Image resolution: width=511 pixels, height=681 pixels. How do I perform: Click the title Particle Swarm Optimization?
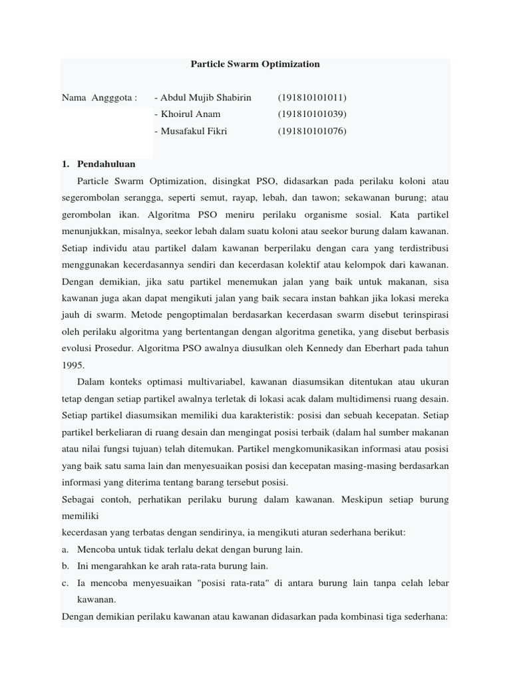tap(255, 65)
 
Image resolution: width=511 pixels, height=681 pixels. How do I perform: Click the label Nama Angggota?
tap(99, 98)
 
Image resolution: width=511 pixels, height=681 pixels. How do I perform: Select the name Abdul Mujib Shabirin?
tap(203, 98)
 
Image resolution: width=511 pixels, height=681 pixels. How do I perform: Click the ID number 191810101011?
tap(312, 98)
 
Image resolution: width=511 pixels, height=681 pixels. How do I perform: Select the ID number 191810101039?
tap(312, 114)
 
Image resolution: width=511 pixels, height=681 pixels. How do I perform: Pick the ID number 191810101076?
tap(312, 131)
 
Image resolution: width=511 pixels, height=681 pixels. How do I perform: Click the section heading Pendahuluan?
tap(106, 164)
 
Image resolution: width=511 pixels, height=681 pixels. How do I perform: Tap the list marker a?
tap(65, 549)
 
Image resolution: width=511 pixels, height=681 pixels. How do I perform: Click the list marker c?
tap(65, 583)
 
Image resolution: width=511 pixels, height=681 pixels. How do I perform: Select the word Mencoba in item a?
tap(98, 549)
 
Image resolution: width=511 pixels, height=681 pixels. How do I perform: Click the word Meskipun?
tap(349, 499)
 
